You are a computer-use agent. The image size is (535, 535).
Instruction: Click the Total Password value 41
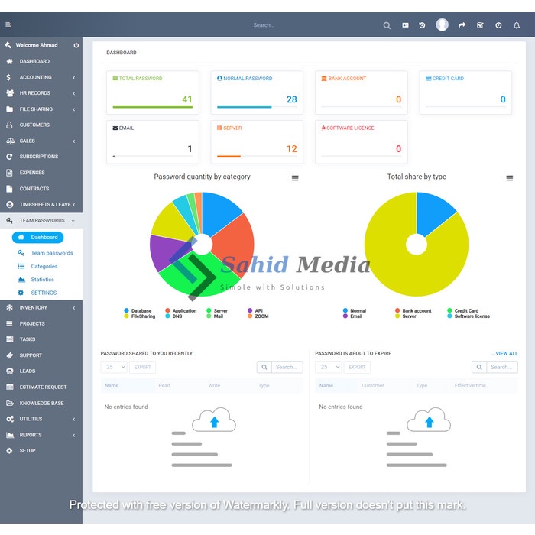pyautogui.click(x=187, y=99)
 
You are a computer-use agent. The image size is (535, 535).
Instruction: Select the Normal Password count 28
pyautogui.click(x=291, y=99)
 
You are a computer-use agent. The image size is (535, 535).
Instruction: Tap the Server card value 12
pyautogui.click(x=291, y=149)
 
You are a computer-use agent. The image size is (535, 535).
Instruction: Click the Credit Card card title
pyautogui.click(x=448, y=79)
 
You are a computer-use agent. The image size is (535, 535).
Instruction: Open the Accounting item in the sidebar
pyautogui.click(x=36, y=77)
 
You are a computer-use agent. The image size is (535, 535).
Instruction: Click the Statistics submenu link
pyautogui.click(x=43, y=280)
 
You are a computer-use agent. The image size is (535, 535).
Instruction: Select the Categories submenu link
pyautogui.click(x=44, y=266)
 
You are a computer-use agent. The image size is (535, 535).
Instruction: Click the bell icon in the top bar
pyautogui.click(x=517, y=25)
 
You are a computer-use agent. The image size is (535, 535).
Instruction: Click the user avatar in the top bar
pyautogui.click(x=442, y=25)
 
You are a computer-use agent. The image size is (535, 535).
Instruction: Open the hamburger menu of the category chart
pyautogui.click(x=295, y=178)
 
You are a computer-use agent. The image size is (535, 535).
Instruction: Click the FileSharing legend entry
pyautogui.click(x=143, y=316)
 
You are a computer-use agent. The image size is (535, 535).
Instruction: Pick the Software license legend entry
pyautogui.click(x=472, y=316)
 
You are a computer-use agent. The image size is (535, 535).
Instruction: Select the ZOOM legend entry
pyautogui.click(x=261, y=316)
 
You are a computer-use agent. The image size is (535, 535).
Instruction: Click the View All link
pyautogui.click(x=504, y=354)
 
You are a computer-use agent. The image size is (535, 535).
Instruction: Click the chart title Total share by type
pyautogui.click(x=417, y=177)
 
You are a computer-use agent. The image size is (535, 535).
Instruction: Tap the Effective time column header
pyautogui.click(x=469, y=386)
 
